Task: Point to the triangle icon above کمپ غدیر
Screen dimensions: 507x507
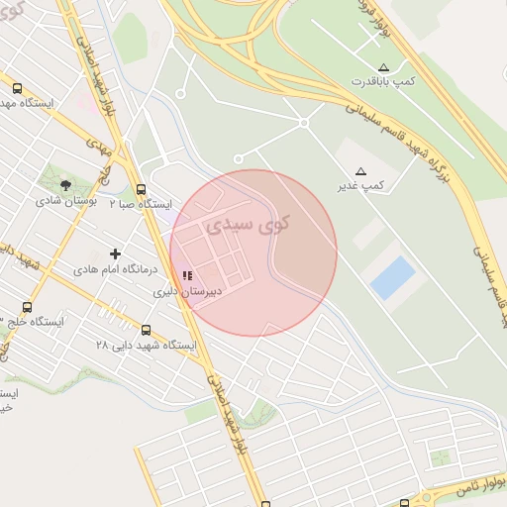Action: tap(359, 170)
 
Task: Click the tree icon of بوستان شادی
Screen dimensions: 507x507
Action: tap(65, 184)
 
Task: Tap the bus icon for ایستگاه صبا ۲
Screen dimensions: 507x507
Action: tap(141, 188)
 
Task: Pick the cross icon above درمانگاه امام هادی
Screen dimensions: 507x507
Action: tap(115, 254)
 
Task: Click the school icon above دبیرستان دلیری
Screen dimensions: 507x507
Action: tap(186, 277)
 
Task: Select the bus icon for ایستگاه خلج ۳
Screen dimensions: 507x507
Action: tap(26, 307)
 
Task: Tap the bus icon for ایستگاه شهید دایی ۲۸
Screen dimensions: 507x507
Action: tap(147, 330)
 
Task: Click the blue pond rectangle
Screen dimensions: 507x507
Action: tap(393, 277)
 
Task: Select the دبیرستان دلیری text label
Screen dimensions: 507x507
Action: tap(186, 293)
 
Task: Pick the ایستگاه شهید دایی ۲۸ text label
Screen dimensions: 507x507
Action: tap(147, 346)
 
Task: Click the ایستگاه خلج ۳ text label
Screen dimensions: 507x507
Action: tap(32, 322)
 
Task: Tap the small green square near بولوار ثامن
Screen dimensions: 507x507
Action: tap(439, 457)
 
